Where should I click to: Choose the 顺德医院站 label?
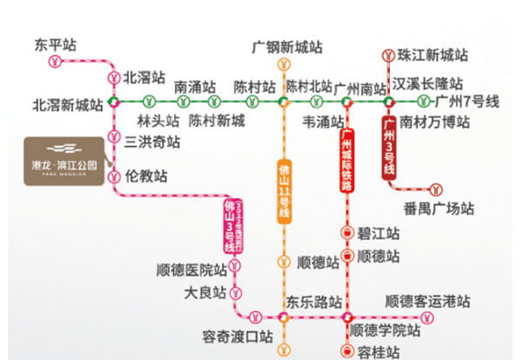tap(191, 269)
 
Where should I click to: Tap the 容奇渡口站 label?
tap(236, 335)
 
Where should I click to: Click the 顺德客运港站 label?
tap(427, 302)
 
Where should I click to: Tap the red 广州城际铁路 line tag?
tap(346, 157)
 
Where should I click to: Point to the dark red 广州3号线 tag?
tap(389, 149)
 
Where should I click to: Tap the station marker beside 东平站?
tap(55, 63)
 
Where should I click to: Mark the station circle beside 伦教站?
tap(113, 177)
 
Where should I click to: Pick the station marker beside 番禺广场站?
tap(434, 188)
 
